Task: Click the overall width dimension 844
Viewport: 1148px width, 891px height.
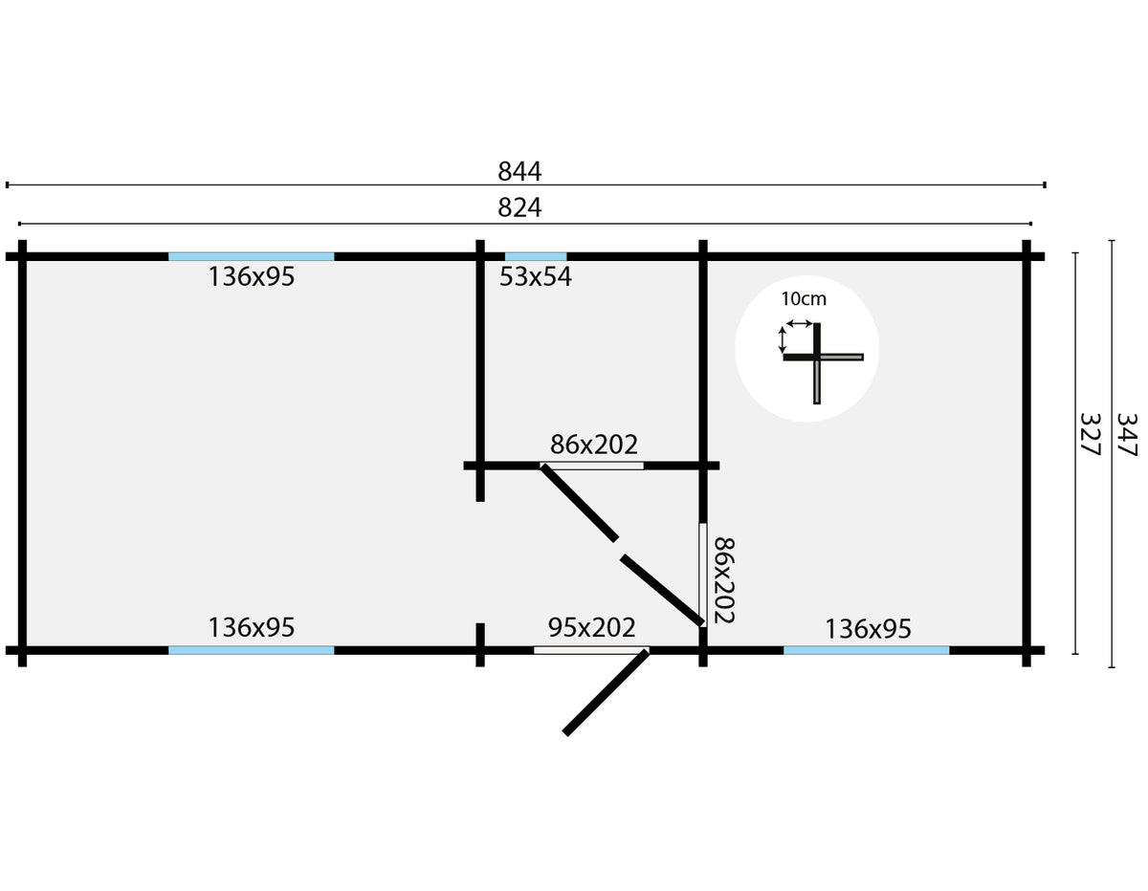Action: click(x=519, y=172)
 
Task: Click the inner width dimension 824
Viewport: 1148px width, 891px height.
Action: click(x=519, y=208)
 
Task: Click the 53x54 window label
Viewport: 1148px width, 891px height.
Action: click(x=535, y=277)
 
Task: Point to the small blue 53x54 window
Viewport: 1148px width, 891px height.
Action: click(x=536, y=257)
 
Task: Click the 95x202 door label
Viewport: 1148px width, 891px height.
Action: click(x=591, y=628)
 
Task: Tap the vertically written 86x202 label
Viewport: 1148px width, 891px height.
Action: click(x=724, y=580)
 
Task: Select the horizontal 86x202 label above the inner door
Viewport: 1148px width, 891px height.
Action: click(x=594, y=445)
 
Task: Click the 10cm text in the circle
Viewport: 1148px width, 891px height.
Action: click(x=804, y=299)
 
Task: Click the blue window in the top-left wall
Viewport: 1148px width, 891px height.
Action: click(x=251, y=257)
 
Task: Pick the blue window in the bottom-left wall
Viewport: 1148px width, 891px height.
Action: click(x=251, y=650)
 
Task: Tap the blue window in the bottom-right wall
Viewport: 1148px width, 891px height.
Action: click(x=866, y=650)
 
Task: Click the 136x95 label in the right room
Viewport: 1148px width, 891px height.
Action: click(x=868, y=629)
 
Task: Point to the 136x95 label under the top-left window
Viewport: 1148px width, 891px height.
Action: click(x=252, y=277)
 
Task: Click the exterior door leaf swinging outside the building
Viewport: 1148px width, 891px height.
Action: click(x=606, y=692)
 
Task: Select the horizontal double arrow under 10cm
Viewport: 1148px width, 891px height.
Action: click(x=800, y=323)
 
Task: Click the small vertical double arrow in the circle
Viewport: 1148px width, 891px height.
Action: click(x=783, y=339)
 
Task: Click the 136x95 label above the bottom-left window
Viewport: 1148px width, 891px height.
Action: click(x=252, y=628)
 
